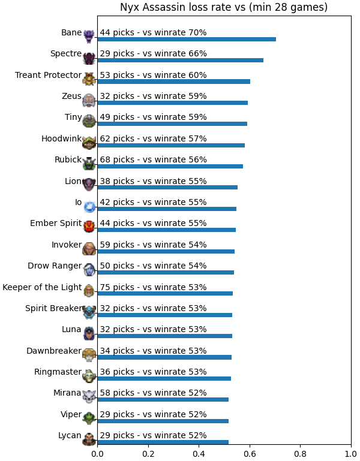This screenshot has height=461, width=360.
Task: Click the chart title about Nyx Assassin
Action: click(224, 7)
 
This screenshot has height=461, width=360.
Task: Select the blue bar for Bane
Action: click(187, 40)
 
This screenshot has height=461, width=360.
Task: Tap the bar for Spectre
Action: click(181, 61)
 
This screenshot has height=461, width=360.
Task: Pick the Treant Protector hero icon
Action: click(89, 79)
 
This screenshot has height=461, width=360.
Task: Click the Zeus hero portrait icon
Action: click(89, 100)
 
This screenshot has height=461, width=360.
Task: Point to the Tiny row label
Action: click(73, 117)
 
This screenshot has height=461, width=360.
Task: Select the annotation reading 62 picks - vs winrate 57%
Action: click(154, 138)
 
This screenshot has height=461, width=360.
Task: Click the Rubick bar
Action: click(170, 167)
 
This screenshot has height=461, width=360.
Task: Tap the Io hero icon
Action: click(89, 207)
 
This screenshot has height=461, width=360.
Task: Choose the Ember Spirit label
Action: click(56, 223)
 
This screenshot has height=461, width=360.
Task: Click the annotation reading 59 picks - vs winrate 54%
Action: click(154, 245)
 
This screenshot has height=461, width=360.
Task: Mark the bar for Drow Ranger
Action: click(166, 273)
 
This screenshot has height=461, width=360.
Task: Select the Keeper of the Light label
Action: click(42, 287)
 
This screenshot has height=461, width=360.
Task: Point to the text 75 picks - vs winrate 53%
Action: click(154, 287)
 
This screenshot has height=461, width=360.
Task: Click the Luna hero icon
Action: click(89, 333)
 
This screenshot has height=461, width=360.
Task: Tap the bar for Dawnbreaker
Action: click(164, 357)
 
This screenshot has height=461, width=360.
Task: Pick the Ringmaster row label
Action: click(58, 372)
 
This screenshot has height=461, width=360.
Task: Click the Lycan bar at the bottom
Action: click(163, 442)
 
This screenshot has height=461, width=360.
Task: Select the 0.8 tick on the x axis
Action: click(301, 454)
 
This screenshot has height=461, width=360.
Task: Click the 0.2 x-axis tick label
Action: click(148, 454)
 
